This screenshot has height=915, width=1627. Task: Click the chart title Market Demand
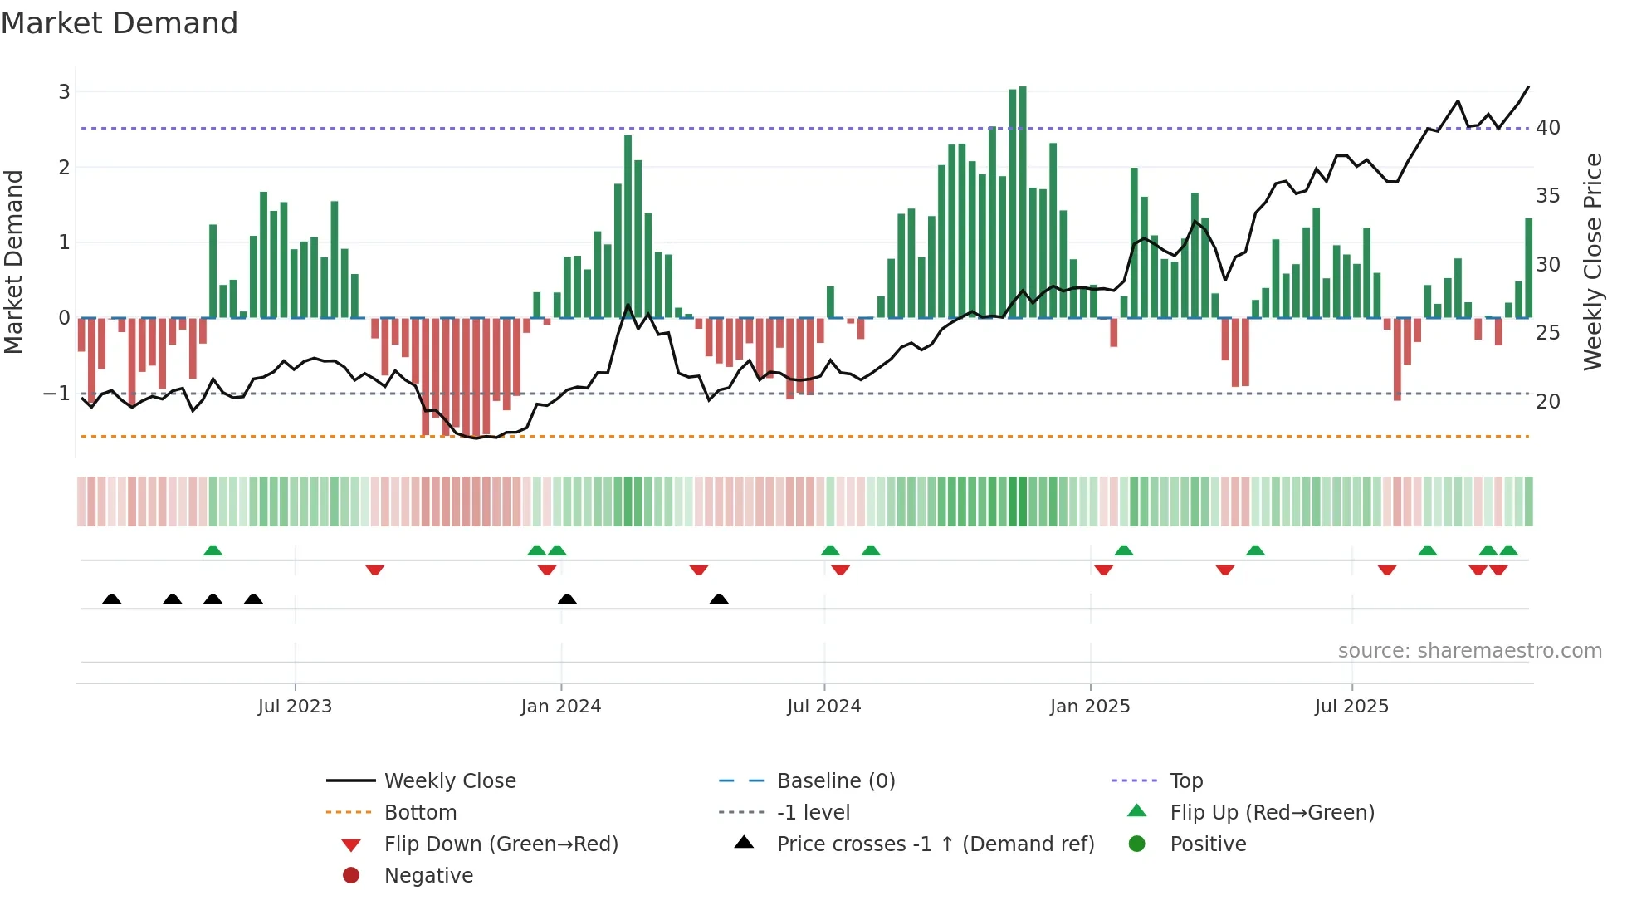click(x=120, y=23)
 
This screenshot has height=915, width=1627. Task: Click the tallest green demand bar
click(x=1023, y=202)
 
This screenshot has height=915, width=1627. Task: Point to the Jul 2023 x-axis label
click(x=295, y=707)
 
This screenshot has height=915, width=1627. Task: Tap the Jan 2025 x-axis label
click(x=1089, y=707)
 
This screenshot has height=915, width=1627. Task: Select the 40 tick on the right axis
click(x=1547, y=128)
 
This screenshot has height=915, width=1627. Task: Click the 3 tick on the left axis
click(x=64, y=92)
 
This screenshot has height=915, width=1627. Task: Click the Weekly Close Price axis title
click(x=1592, y=262)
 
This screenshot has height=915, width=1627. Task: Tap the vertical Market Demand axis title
click(x=13, y=262)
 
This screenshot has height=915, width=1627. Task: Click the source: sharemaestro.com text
click(x=1469, y=651)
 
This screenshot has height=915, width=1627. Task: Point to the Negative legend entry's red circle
click(x=351, y=876)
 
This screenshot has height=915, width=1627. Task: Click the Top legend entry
click(x=1185, y=781)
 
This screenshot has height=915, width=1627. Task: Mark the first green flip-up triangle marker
click(x=213, y=550)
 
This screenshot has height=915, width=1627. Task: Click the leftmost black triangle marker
click(x=111, y=599)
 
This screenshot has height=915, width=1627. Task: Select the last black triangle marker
click(x=719, y=599)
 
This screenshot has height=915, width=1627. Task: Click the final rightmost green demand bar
click(x=1528, y=267)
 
